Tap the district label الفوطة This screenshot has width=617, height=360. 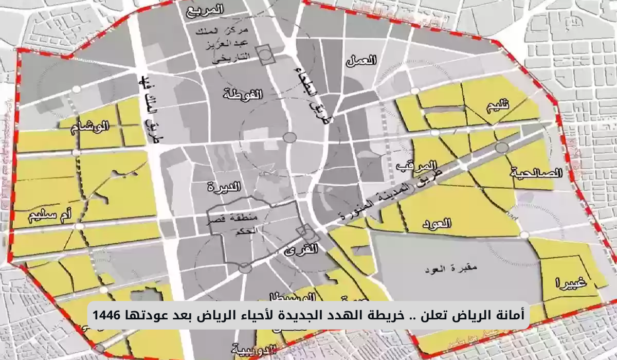pos(243,94)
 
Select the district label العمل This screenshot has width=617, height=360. pos(362,61)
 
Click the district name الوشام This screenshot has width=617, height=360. pos(91,127)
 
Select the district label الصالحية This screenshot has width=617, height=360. pos(536,173)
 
